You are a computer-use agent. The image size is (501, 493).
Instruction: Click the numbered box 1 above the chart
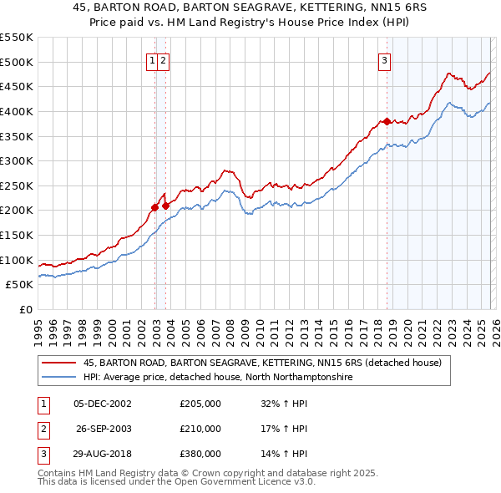153,60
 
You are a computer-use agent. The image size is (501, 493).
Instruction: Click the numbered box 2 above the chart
164,60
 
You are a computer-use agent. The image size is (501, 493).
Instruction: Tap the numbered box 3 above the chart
385,60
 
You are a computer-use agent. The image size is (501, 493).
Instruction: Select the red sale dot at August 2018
387,121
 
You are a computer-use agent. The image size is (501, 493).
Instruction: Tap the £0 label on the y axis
25,309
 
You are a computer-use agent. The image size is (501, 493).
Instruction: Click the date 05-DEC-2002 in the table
103,404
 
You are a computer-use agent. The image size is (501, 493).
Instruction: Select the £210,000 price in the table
200,429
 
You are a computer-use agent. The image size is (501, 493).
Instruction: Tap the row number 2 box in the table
42,429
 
